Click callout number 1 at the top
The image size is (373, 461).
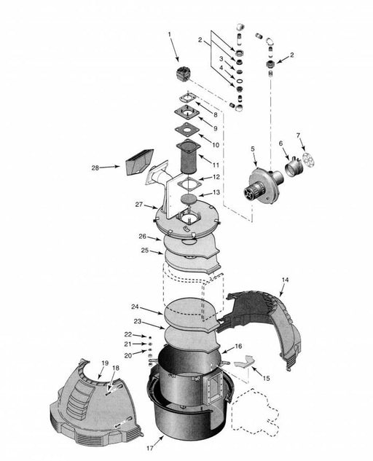(x=170, y=35)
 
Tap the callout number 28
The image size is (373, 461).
(x=95, y=168)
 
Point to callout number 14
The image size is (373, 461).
(x=285, y=280)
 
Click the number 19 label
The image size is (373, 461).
(x=105, y=363)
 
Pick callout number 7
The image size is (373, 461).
(x=298, y=135)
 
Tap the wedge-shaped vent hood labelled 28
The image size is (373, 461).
(x=139, y=162)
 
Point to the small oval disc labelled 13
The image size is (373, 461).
(x=189, y=198)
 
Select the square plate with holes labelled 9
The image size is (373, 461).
(x=186, y=112)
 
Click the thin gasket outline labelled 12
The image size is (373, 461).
(x=189, y=185)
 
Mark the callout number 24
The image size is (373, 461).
(x=135, y=307)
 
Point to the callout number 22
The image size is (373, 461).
(x=128, y=334)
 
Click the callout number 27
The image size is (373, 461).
(x=139, y=205)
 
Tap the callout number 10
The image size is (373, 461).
(x=216, y=145)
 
